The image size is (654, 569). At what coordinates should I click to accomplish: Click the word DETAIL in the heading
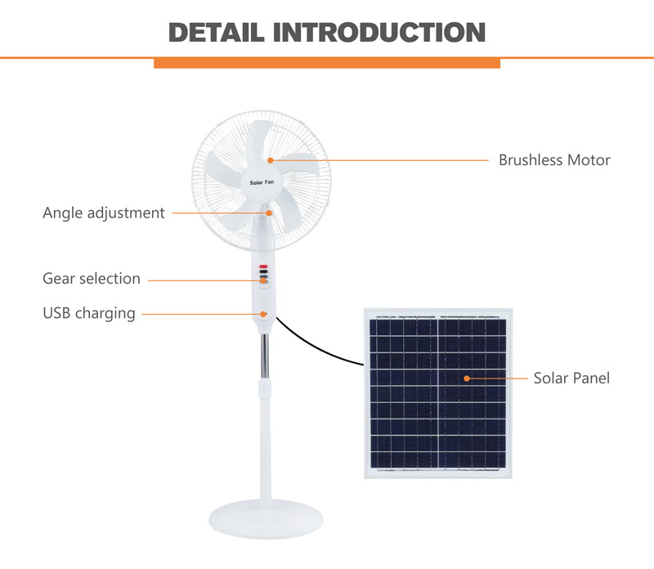pos(217,33)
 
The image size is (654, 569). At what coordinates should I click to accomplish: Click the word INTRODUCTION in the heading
pos(379,33)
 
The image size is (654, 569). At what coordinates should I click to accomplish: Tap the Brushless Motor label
pos(554,160)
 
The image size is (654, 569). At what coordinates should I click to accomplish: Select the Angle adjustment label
pos(104,213)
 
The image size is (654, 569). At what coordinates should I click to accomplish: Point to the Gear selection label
pos(92,279)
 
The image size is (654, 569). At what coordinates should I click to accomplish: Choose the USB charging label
pos(89,313)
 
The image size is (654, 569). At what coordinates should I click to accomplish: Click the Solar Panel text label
pos(571,378)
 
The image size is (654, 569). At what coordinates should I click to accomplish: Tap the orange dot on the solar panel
pos(467,379)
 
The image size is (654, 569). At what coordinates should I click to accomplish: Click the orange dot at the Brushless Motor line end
pos(271,160)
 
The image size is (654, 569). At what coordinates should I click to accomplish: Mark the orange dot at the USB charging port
pos(263,314)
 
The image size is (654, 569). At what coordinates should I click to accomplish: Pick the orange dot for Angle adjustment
pos(269,213)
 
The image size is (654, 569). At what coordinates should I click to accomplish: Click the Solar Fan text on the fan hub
pos(262,182)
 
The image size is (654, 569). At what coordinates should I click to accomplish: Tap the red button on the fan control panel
pos(263,267)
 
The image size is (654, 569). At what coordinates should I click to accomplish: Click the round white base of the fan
pos(267,520)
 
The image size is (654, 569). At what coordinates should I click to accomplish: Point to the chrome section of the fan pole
pos(265,356)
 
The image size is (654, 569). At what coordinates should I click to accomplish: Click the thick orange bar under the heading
pos(327,63)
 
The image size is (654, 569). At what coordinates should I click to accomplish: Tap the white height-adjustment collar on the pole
pos(264,388)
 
